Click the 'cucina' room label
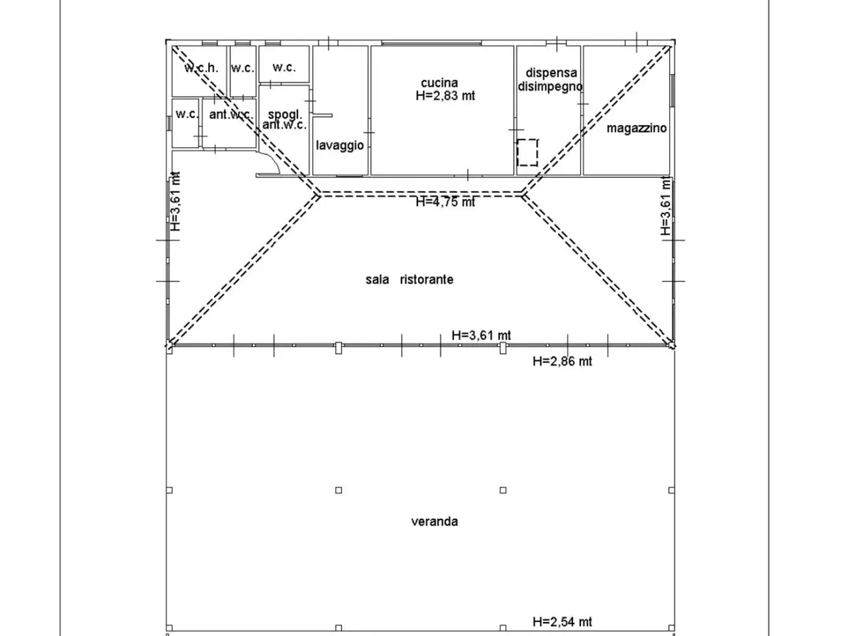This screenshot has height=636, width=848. tap(439, 83)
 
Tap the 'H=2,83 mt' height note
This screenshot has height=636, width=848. tap(445, 95)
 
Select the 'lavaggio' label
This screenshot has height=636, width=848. tap(340, 145)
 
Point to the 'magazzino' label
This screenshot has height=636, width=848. tap(636, 128)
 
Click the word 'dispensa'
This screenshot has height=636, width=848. tap(551, 73)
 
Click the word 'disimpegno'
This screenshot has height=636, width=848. tap(550, 86)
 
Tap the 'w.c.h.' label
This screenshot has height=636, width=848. tap(201, 68)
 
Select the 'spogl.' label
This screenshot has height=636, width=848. tap(285, 115)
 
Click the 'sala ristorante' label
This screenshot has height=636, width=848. tap(409, 279)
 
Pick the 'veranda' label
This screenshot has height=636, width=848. tap(434, 521)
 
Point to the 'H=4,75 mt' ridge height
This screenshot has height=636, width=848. tap(445, 201)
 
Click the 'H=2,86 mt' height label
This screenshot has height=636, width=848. tap(562, 361)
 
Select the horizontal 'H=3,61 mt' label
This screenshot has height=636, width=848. tap(481, 335)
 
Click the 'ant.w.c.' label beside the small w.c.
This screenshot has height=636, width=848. tap(231, 115)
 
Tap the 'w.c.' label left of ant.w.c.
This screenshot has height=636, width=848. tap(187, 114)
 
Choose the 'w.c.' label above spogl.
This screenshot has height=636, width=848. tap(284, 67)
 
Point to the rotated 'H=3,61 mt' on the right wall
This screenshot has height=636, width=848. tap(665, 205)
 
